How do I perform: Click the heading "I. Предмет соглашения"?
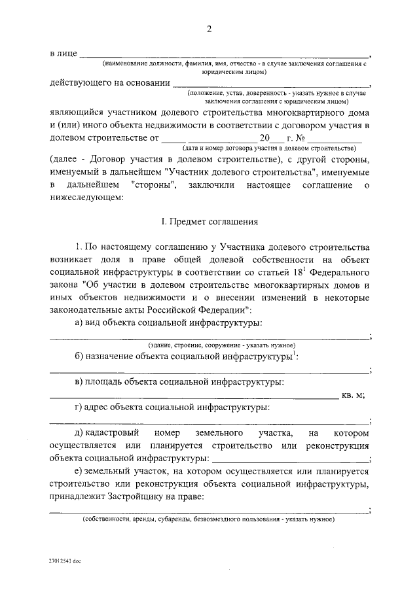(x=209, y=222)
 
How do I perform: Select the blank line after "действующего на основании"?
(x=271, y=86)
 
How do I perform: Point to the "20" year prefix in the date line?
(x=264, y=139)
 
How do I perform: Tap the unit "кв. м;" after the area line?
(x=353, y=394)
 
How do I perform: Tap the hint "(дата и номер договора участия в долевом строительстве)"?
(x=272, y=148)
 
